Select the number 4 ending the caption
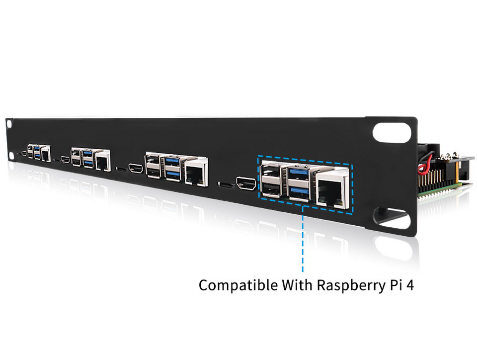[x=410, y=285]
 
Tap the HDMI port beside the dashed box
[x=246, y=183]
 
